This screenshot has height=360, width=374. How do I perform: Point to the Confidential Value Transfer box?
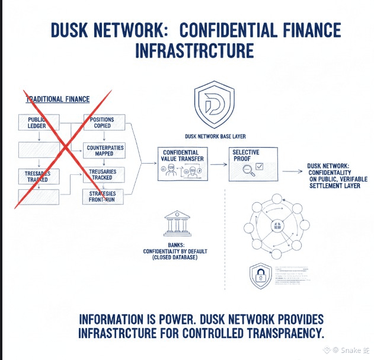click(x=184, y=164)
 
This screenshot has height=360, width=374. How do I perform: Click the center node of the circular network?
click(x=275, y=227)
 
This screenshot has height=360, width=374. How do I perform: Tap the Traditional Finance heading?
click(x=58, y=100)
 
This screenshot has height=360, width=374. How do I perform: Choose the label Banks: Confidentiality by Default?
click(x=175, y=251)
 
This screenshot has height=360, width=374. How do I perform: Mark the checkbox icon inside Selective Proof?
click(x=260, y=167)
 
